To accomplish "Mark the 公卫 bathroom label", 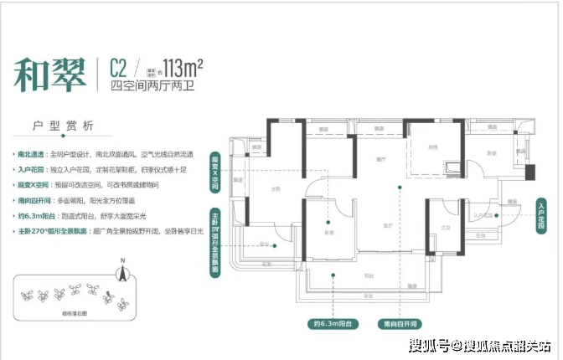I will click(x=446, y=227).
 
